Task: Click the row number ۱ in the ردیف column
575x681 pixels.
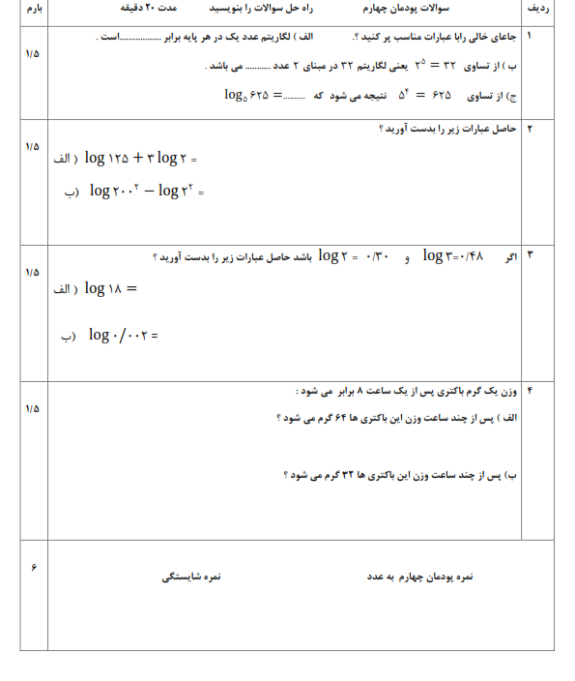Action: pos(530,35)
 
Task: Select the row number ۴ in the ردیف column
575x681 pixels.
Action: pos(530,391)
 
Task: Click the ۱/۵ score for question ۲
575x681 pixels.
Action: pos(33,146)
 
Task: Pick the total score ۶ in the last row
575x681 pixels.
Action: pos(34,567)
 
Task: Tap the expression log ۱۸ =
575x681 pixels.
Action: pos(110,287)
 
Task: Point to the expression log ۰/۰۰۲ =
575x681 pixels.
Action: pos(122,335)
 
